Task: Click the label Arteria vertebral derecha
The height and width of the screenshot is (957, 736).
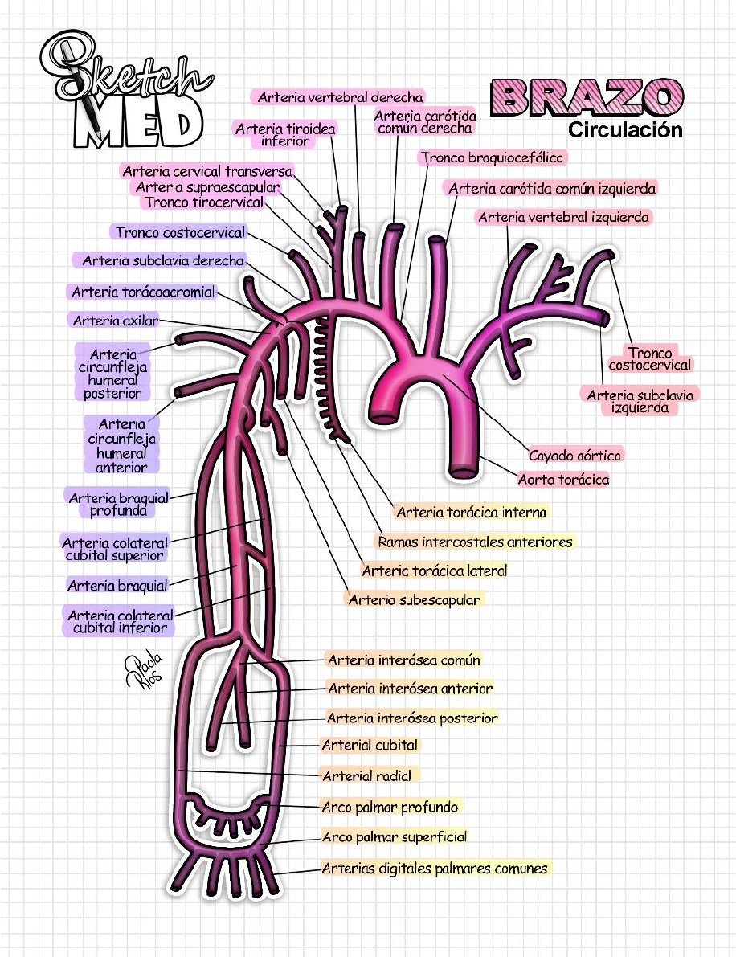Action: (x=340, y=97)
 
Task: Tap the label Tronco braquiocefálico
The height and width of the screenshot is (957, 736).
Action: (x=492, y=157)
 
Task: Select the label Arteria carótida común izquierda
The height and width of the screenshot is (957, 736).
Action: (x=552, y=189)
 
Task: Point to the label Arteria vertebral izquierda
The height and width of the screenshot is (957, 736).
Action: (x=563, y=217)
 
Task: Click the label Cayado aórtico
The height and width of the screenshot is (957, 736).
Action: (x=574, y=456)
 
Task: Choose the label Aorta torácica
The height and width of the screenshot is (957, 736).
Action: (x=563, y=480)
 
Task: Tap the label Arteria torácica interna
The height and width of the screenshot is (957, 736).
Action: (x=471, y=512)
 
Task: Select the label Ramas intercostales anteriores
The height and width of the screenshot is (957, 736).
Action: (x=475, y=542)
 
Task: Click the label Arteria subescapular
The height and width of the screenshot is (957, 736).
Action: (x=414, y=599)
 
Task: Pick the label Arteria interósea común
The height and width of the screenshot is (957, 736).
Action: (x=403, y=660)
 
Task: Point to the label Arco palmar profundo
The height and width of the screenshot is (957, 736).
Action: (x=390, y=807)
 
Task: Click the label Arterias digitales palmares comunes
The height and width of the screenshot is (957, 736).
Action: (x=434, y=868)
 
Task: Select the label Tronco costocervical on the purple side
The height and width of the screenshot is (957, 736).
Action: (x=180, y=232)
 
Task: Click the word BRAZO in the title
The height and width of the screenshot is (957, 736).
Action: (x=587, y=98)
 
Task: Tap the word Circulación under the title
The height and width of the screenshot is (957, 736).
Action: (x=625, y=129)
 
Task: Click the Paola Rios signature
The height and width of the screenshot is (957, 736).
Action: (x=144, y=669)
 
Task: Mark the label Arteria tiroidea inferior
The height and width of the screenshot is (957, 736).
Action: (x=285, y=134)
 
